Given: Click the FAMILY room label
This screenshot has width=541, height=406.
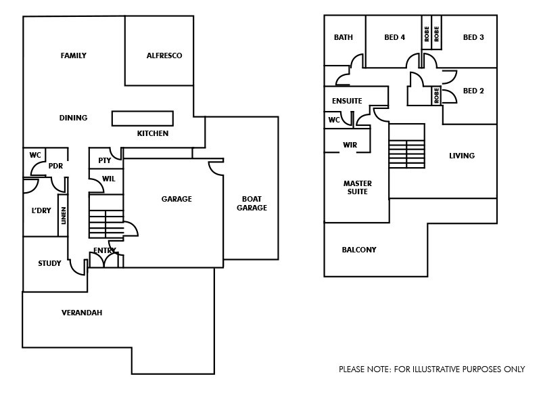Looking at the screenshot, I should coord(73,55).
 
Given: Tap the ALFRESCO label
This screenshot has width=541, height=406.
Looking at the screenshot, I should coord(164,55).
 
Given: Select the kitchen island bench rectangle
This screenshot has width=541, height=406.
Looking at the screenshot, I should coord(142,118).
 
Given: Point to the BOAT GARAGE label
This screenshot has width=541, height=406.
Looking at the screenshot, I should coord(252,204).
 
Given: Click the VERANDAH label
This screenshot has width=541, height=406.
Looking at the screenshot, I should coord(82,313).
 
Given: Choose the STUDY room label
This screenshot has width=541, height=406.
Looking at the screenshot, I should coord(49,264).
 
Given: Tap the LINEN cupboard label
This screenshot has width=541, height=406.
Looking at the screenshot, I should coord(64,216).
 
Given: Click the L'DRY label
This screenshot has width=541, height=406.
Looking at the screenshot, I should coord(41,210).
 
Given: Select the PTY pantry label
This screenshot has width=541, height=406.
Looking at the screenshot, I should coord(104,161).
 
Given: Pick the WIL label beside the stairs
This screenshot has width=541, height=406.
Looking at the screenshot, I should coord(108,179).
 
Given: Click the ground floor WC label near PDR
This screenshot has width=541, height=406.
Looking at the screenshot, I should coord(35,155).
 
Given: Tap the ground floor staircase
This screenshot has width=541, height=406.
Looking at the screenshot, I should coord(106,224).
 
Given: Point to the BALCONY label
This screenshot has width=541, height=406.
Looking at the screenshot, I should coord(358,250).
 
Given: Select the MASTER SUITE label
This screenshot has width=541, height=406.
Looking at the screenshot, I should coord(357,187).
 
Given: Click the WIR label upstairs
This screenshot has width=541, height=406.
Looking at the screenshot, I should coord(350,145).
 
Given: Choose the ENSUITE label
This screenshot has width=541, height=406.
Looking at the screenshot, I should coord(347,101).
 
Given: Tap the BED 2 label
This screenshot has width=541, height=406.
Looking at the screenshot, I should coord(473,91).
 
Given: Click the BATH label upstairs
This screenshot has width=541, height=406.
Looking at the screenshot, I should coord(343,38).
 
